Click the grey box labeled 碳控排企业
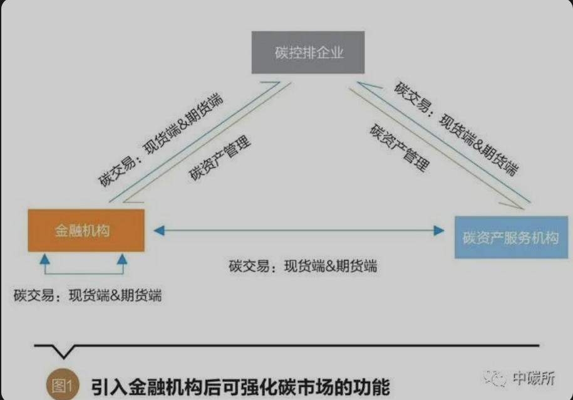(308, 52)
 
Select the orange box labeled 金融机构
(86, 231)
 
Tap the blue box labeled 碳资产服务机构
(511, 238)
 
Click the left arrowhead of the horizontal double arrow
(159, 231)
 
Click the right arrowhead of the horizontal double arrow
(439, 231)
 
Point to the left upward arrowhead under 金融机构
(44, 259)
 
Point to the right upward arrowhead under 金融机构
(122, 259)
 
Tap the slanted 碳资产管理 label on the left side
(220, 158)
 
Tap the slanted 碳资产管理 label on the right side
(400, 147)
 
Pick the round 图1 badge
(63, 385)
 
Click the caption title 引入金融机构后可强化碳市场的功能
(240, 387)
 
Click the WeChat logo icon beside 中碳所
(495, 378)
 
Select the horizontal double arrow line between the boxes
(299, 231)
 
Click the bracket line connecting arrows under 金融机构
(83, 273)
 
